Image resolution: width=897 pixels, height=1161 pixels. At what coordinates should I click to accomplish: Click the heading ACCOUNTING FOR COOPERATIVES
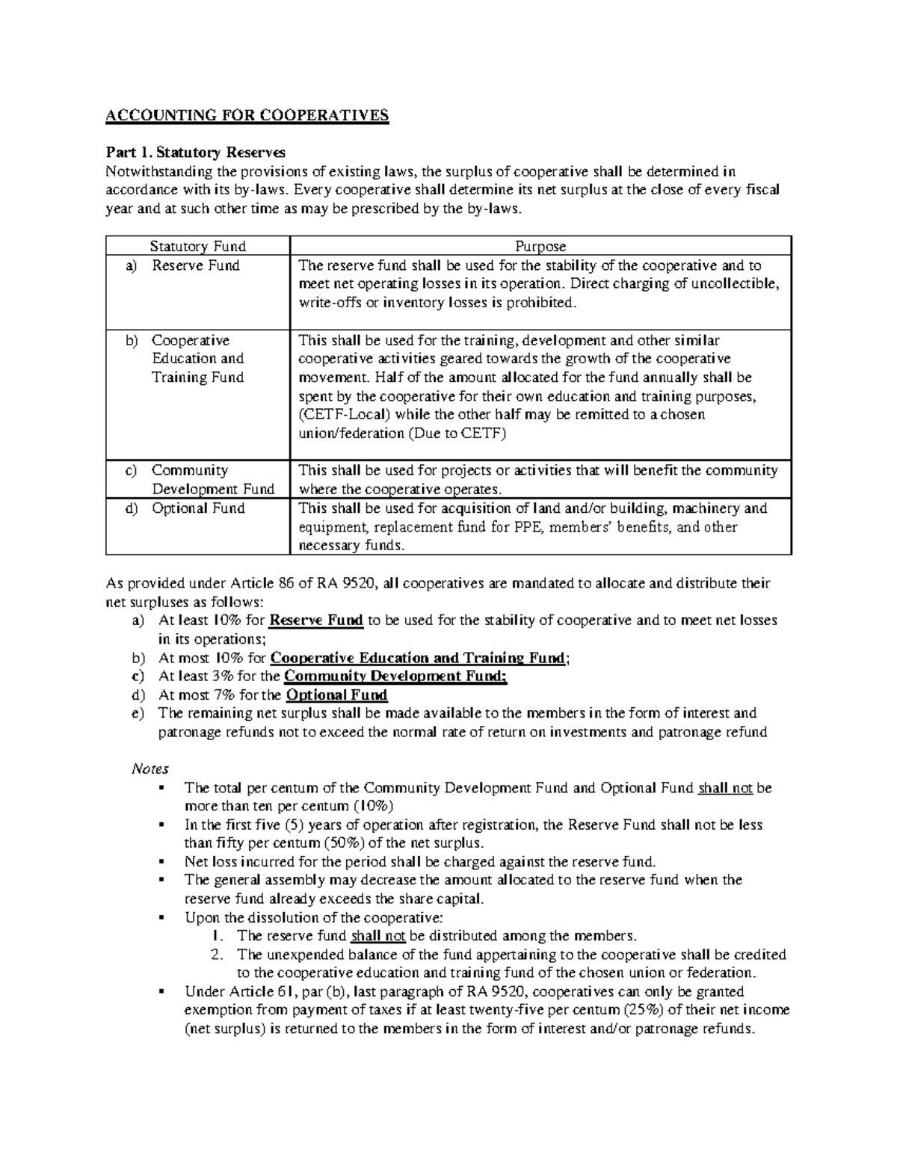pos(247,115)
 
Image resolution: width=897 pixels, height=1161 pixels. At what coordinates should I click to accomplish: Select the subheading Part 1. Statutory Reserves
pos(195,153)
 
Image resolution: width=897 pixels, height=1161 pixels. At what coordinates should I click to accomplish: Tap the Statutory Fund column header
pos(197,246)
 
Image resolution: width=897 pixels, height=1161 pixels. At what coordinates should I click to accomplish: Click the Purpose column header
pos(540,246)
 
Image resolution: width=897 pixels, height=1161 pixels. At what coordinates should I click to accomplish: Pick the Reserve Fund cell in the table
pos(195,265)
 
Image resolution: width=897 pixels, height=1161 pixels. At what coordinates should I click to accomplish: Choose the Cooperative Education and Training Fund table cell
pos(197,359)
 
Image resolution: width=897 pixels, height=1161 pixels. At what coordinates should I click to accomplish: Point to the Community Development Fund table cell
pos(212,480)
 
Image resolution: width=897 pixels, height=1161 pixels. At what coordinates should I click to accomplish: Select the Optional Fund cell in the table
pos(197,508)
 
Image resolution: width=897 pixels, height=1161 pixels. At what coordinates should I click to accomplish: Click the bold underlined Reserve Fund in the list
pos(315,620)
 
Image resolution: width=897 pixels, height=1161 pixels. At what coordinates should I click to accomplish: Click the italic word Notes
pos(149,769)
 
